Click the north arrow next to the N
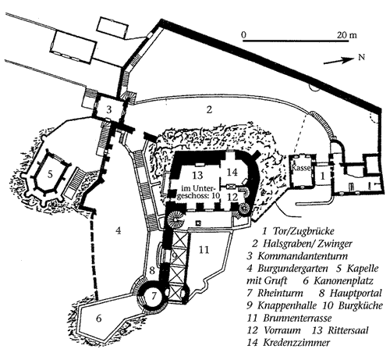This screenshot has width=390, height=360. click(339, 61)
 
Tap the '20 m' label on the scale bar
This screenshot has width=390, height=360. click(346, 34)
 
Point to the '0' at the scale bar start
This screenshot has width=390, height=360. click(243, 34)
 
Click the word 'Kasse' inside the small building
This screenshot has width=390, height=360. click(301, 168)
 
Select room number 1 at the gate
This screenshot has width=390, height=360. click(323, 176)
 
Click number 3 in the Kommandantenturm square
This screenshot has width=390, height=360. click(109, 109)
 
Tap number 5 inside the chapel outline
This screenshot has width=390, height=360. click(50, 174)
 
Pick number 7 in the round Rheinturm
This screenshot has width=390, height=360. click(154, 295)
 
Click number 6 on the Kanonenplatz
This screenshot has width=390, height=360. click(98, 318)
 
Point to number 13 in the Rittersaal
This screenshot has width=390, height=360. click(197, 175)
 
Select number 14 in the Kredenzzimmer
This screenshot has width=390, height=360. click(232, 172)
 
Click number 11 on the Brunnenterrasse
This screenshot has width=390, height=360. click(204, 250)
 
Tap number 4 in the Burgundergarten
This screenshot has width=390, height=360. click(119, 230)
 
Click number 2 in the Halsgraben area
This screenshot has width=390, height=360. click(209, 109)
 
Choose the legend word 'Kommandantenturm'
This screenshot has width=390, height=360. click(303, 256)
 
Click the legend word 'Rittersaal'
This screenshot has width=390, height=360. click(348, 330)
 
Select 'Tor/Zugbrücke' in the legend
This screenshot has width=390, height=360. click(303, 231)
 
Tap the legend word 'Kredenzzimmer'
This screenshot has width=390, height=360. click(296, 343)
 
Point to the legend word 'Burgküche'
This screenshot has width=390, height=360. click(360, 305)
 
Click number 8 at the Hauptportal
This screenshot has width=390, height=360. click(152, 270)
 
